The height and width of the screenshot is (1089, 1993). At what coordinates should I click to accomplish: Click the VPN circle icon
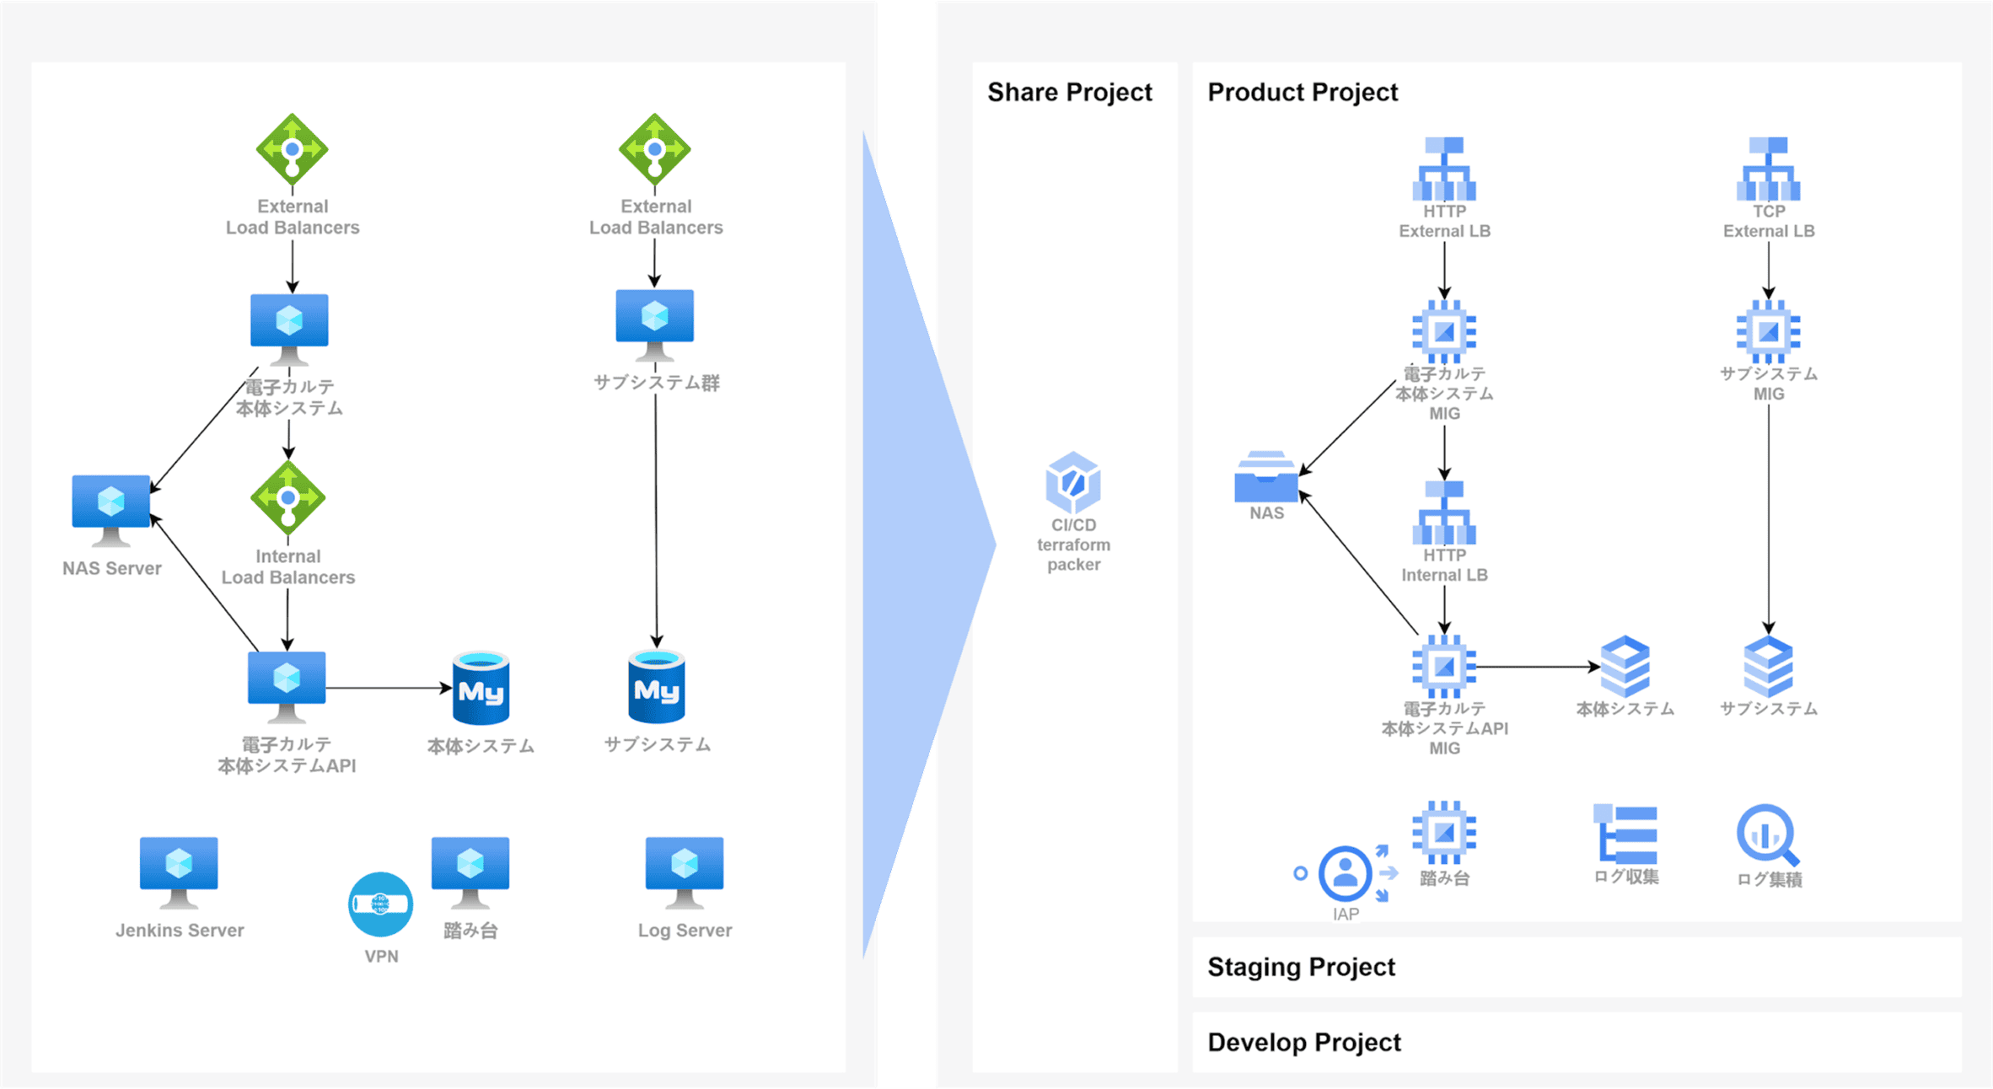380,904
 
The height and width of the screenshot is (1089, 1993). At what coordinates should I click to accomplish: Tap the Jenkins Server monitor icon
179,871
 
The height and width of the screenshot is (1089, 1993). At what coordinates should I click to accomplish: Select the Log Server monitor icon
684,871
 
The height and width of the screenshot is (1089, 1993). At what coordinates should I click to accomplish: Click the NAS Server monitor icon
111,508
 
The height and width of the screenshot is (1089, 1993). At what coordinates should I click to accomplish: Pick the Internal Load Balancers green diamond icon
288,498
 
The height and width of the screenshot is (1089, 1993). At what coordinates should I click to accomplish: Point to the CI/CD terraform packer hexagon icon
1072,482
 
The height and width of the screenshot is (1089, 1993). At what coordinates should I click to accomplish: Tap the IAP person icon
1345,873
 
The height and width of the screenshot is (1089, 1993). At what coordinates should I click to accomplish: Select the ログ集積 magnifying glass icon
1767,835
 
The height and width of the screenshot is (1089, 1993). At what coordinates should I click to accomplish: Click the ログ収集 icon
1625,834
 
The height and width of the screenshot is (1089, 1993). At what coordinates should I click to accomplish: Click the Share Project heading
1069,92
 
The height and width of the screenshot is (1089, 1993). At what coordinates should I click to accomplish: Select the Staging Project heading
1301,967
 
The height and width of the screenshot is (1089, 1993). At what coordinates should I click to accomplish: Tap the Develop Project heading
1303,1043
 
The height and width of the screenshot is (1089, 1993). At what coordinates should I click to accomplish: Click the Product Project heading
1303,92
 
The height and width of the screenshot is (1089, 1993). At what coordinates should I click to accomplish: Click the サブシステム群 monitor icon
655,323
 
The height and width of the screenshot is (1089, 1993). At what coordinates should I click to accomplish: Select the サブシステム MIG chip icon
1768,331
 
